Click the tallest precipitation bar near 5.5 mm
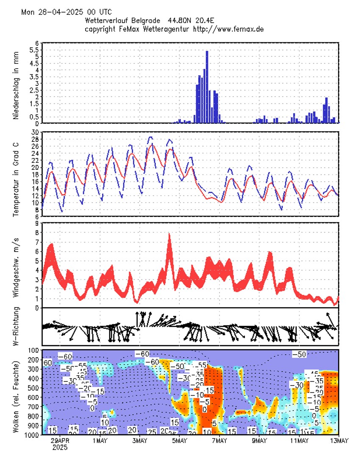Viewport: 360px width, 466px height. (x=207, y=87)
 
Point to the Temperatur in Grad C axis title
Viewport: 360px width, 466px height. (x=16, y=174)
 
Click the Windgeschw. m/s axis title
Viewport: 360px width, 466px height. (x=16, y=265)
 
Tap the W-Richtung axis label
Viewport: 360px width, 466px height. (x=16, y=326)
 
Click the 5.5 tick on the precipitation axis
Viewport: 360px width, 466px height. (x=35, y=50)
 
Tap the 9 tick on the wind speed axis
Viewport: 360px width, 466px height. (x=37, y=223)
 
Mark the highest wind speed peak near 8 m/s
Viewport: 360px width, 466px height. (x=169, y=234)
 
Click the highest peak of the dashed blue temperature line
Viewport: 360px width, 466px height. (x=150, y=137)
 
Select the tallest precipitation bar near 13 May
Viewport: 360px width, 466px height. (x=327, y=110)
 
